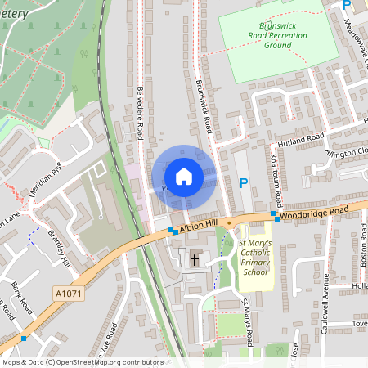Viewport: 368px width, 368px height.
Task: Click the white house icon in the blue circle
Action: [x=184, y=177]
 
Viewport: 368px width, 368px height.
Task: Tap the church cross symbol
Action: [x=195, y=261]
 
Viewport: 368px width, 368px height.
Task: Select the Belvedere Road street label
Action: [x=141, y=110]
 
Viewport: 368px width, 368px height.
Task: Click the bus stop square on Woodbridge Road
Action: [x=276, y=218]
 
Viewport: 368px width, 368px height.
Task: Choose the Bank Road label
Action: [x=21, y=294]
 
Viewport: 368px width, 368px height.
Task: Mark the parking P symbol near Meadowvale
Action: [x=346, y=5]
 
